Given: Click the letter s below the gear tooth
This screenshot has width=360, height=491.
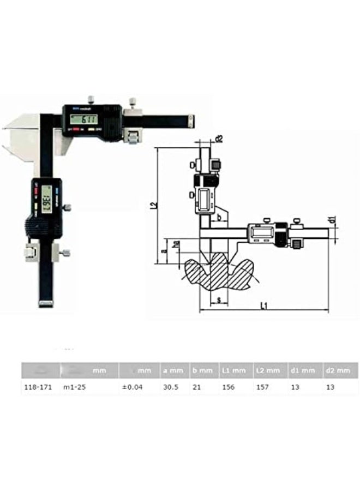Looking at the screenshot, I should [x=218, y=300].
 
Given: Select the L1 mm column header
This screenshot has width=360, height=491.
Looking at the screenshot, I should [x=234, y=371].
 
